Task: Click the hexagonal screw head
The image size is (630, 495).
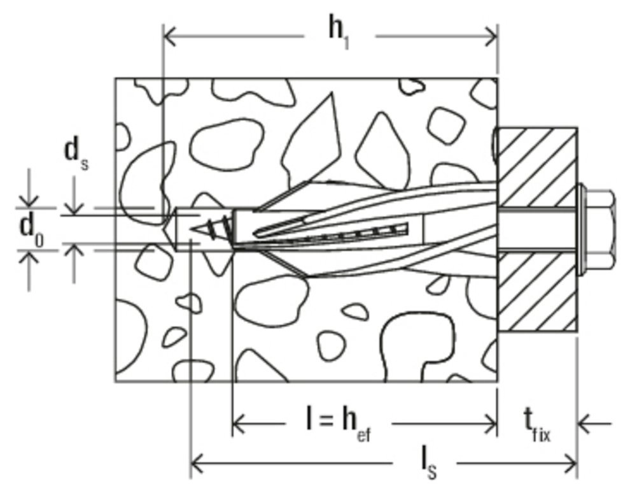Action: coord(601,228)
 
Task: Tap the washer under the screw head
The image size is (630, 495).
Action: coord(582,228)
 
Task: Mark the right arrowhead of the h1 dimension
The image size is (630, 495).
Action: coord(491,37)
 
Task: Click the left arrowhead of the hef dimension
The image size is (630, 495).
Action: coord(238,422)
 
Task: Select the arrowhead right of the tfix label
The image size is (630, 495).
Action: coord(584,422)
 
